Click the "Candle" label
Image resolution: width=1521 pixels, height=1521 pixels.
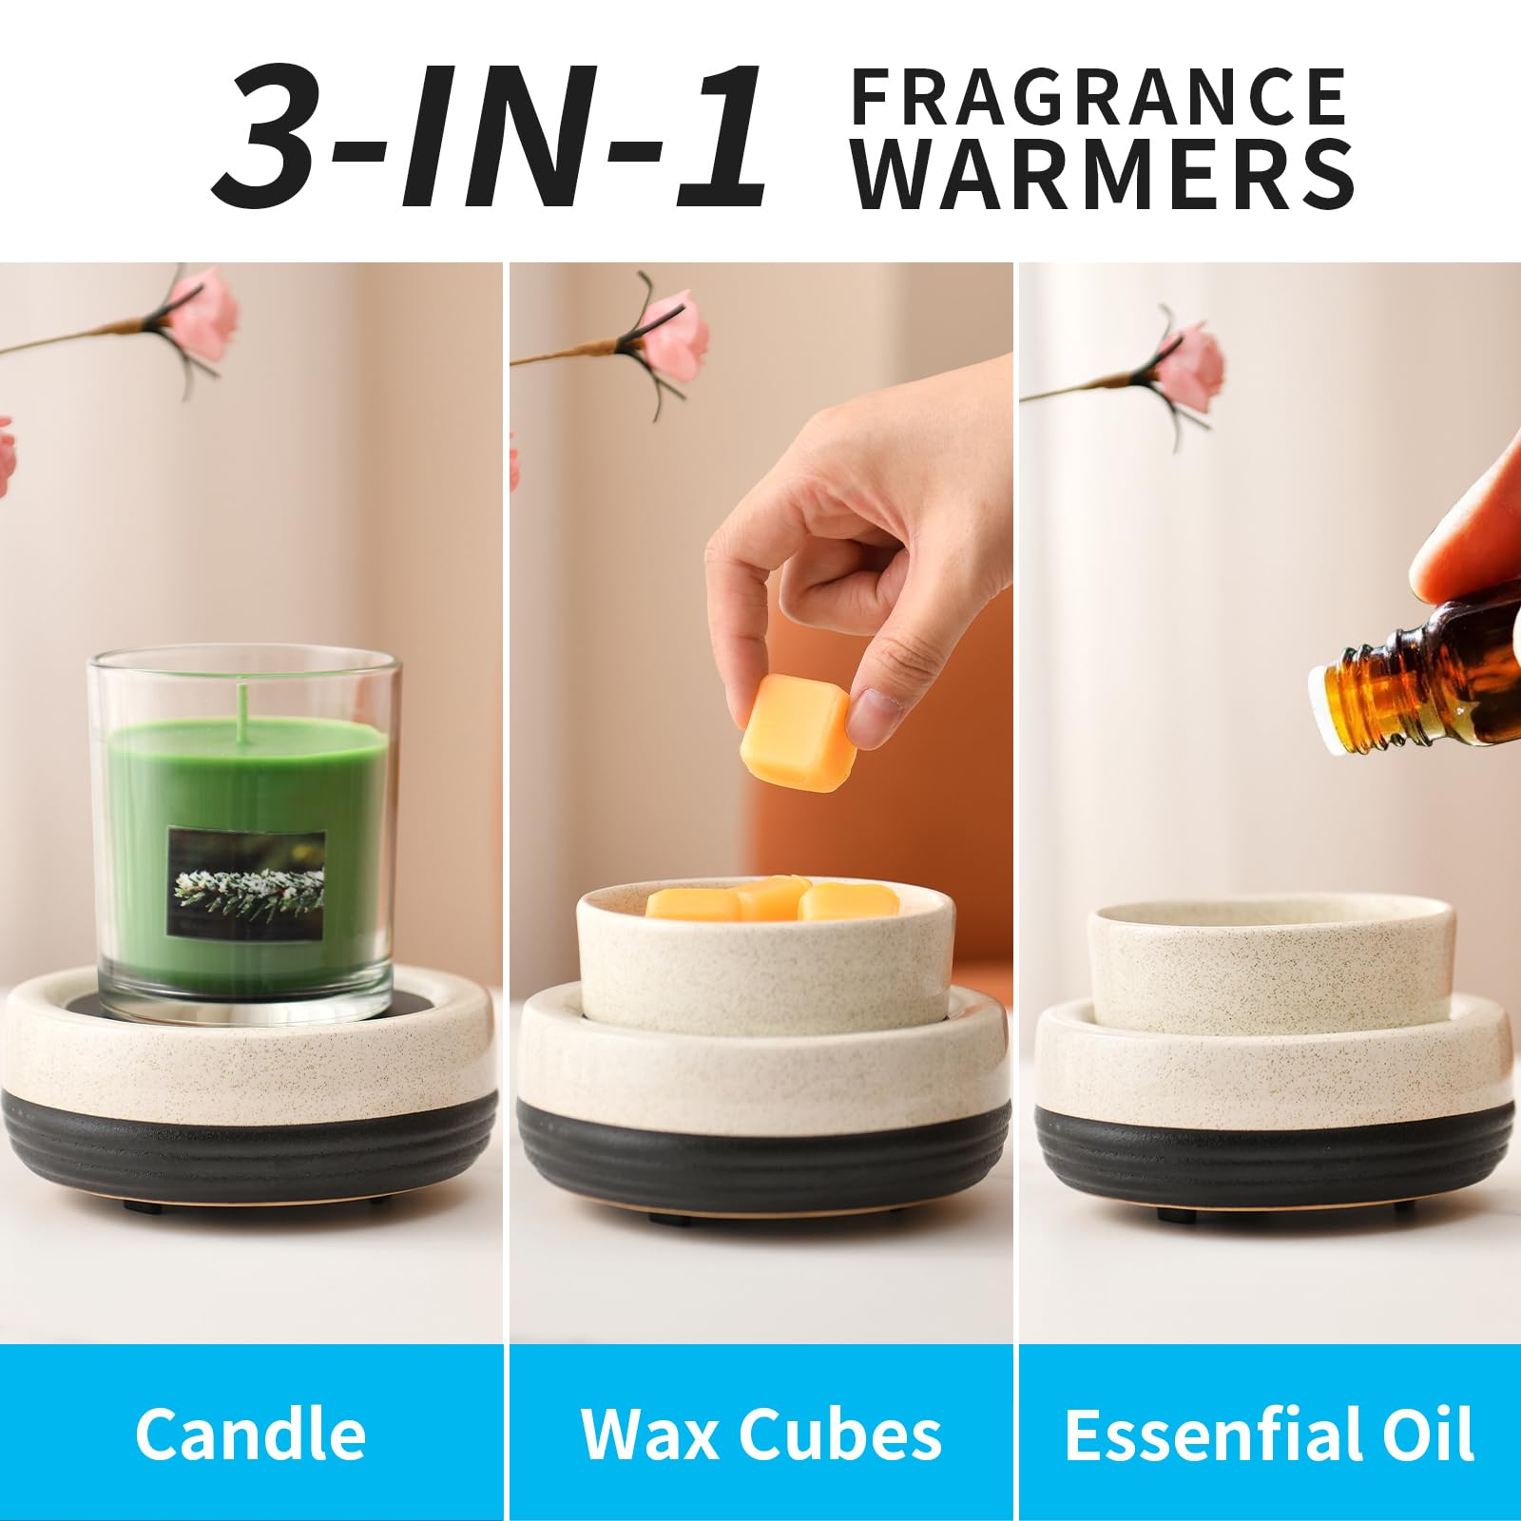pos(250,1433)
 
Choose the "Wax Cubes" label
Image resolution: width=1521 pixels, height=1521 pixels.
pos(760,1433)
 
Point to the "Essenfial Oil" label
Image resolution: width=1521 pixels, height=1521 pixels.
pos(1269,1433)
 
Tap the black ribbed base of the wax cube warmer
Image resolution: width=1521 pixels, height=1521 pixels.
pos(763,1155)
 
